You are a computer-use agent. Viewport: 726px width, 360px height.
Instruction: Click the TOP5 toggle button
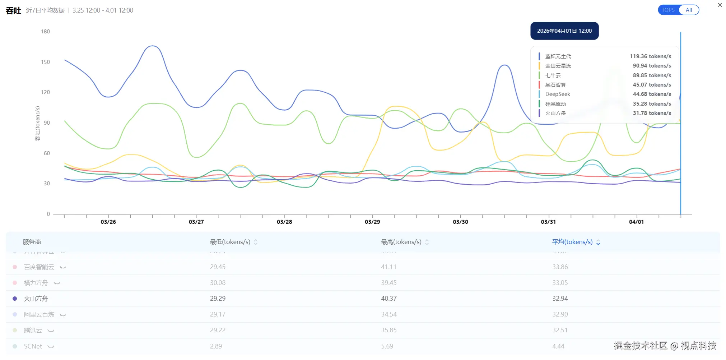pyautogui.click(x=668, y=10)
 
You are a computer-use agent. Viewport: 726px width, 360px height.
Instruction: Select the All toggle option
pyautogui.click(x=689, y=10)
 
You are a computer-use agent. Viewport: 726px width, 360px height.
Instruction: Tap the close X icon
pyautogui.click(x=720, y=5)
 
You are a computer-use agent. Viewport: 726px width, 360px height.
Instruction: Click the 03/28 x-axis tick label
pyautogui.click(x=284, y=222)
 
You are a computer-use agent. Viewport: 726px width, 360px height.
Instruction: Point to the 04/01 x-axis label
pyautogui.click(x=636, y=222)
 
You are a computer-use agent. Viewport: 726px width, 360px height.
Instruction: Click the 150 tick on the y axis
pyautogui.click(x=45, y=62)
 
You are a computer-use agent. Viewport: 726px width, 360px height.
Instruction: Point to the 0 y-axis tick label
pyautogui.click(x=48, y=214)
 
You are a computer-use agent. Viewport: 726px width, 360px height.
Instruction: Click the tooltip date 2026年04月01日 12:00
pyautogui.click(x=564, y=31)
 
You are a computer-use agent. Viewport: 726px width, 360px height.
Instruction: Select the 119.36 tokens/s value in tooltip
pyautogui.click(x=650, y=56)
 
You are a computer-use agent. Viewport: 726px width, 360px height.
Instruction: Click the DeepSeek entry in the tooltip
pyautogui.click(x=558, y=94)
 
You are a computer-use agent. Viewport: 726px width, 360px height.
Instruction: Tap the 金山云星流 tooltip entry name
pyautogui.click(x=558, y=66)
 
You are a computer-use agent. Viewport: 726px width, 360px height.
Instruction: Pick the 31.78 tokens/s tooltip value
pyautogui.click(x=652, y=113)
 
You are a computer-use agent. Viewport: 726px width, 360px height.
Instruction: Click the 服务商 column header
pyautogui.click(x=32, y=242)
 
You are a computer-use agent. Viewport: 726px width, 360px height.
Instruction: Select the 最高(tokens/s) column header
pyautogui.click(x=401, y=242)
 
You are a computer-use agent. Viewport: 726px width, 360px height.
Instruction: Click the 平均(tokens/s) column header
pyautogui.click(x=572, y=242)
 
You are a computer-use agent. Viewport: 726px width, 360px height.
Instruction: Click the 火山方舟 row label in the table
pyautogui.click(x=36, y=299)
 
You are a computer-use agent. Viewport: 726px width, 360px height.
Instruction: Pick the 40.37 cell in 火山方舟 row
pyautogui.click(x=389, y=299)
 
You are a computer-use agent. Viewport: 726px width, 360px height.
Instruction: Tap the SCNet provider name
pyautogui.click(x=33, y=346)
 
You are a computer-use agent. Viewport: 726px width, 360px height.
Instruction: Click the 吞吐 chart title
pyautogui.click(x=14, y=10)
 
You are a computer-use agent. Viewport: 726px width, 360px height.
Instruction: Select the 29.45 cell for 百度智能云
pyautogui.click(x=218, y=267)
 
